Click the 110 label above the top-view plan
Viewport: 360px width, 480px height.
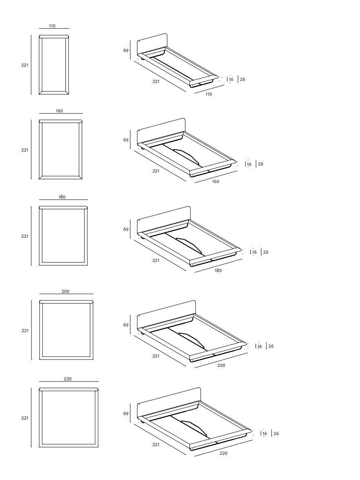tap(52, 26)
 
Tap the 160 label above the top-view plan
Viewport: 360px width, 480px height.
tap(59, 111)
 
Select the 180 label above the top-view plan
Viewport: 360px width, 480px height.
tap(62, 197)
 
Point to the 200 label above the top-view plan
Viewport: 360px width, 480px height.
tap(65, 291)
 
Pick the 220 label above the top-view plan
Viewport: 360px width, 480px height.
tap(68, 379)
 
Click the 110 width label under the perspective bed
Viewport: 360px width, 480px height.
tap(209, 94)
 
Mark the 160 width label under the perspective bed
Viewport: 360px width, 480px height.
tap(216, 181)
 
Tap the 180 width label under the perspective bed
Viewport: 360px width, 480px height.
tap(218, 270)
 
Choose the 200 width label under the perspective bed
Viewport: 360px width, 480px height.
tap(221, 365)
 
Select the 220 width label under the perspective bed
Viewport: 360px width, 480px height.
tap(224, 453)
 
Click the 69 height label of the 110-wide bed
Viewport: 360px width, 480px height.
tap(126, 51)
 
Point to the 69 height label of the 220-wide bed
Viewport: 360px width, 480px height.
tap(126, 413)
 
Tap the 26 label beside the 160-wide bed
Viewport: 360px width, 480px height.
tap(261, 164)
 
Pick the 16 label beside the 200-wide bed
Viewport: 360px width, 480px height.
tap(259, 346)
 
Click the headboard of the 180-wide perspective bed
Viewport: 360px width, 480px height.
tap(163, 219)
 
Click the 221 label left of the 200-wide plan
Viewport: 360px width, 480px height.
tap(25, 330)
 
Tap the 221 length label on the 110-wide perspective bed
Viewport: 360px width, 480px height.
tap(156, 81)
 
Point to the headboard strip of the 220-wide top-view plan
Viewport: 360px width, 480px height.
tap(69, 389)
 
